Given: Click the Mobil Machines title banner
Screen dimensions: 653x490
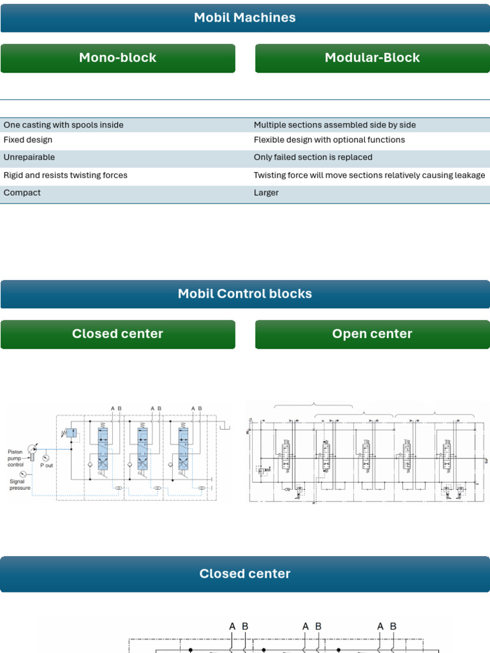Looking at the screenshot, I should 245,18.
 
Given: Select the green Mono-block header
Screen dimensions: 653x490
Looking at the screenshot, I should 117,58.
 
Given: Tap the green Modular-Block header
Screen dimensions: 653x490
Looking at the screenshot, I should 372,58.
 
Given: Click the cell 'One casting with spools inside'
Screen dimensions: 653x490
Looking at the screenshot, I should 64,125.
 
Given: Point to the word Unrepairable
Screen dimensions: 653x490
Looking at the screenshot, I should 29,158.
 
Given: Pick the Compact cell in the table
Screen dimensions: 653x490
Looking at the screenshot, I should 22,193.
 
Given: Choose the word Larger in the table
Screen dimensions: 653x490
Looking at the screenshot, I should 266,193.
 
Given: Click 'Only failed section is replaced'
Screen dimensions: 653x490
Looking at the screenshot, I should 313,158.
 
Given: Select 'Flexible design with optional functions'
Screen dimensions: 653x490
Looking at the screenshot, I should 329,140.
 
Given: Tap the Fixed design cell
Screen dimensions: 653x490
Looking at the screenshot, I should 28,140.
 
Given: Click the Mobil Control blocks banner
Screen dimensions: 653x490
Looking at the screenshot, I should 245,294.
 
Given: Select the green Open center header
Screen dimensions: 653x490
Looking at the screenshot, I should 372,334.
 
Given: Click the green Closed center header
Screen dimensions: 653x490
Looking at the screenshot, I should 117,334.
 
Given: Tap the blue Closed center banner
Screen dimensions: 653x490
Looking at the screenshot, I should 245,574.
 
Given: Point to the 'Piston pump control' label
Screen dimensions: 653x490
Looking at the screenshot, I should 16,459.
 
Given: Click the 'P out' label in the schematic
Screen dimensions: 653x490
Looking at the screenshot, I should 47,466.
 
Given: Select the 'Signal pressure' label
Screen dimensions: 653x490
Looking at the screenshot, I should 20,485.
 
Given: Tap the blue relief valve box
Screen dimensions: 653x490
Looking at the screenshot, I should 71,432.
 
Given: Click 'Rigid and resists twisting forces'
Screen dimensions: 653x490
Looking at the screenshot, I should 66,175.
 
